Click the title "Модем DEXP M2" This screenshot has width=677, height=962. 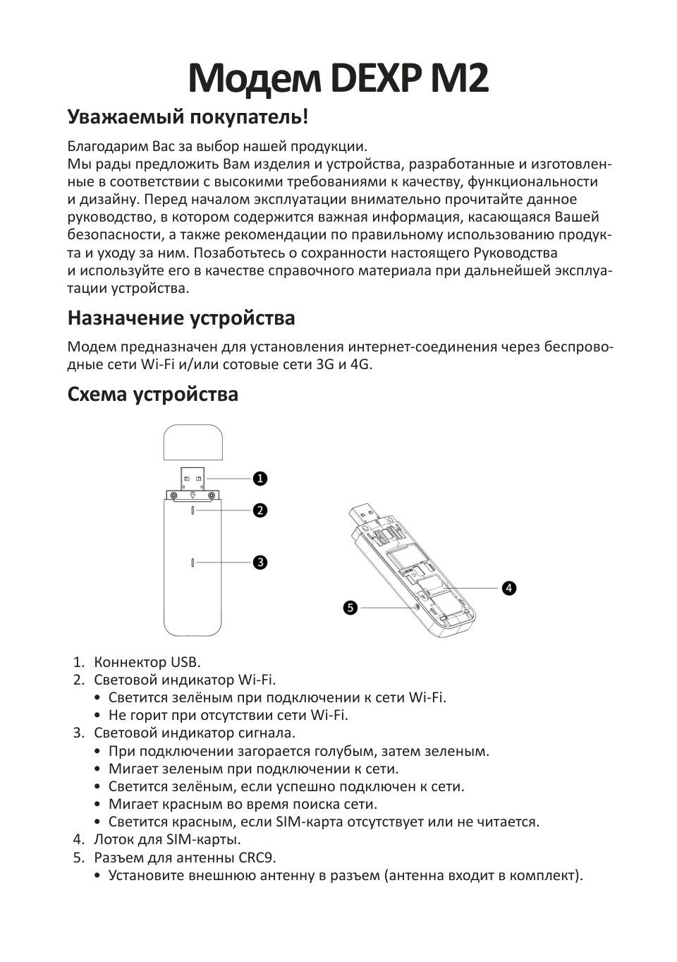[x=338, y=79]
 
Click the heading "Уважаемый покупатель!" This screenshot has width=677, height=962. [x=188, y=116]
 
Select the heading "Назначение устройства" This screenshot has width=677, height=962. [x=181, y=318]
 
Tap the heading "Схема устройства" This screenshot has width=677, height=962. [x=153, y=394]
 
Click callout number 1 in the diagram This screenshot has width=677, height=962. [x=260, y=479]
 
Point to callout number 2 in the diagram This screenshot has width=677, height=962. [x=260, y=510]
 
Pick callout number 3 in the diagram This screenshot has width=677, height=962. [x=260, y=563]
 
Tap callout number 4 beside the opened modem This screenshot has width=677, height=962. [x=508, y=588]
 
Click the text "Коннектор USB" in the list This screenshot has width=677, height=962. [x=147, y=662]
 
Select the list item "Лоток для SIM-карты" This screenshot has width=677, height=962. [x=167, y=839]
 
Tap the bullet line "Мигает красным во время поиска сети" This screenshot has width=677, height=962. [x=243, y=804]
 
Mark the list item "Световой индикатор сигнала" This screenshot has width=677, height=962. [x=195, y=733]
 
